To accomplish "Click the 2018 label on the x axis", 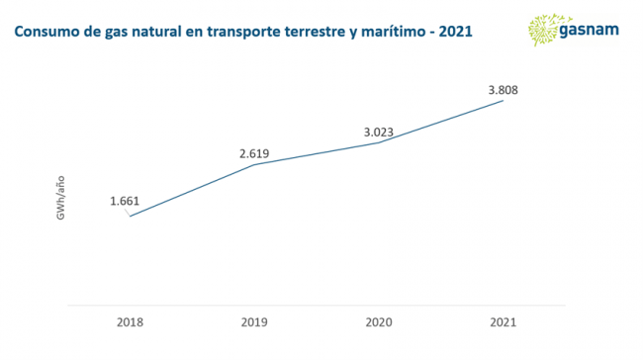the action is click(130, 322).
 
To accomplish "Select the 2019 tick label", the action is click(254, 322).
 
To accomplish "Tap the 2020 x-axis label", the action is click(379, 322).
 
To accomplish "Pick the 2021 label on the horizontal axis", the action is click(504, 322).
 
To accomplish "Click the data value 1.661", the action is click(125, 201).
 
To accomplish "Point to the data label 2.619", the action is click(254, 153).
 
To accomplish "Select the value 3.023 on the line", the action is click(379, 132).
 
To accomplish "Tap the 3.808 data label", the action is click(504, 90).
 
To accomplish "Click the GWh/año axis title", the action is click(60, 198).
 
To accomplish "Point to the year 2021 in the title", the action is click(456, 32).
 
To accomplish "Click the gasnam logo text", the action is click(589, 31).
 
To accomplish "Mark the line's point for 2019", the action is click(254, 165).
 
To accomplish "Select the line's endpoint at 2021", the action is click(504, 101).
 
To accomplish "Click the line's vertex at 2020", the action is click(379, 142).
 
